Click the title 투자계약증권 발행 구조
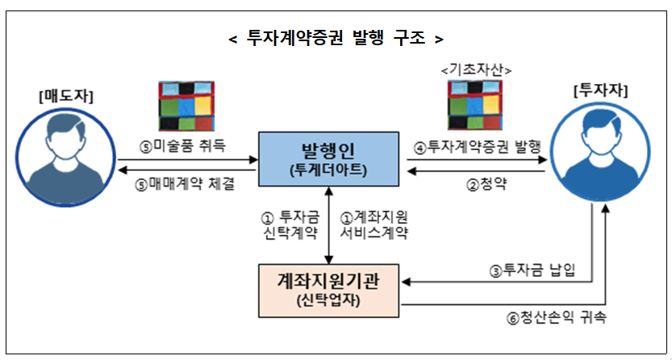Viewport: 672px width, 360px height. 336,38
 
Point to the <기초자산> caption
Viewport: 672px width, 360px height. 477,70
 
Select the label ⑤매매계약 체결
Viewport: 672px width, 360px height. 186,183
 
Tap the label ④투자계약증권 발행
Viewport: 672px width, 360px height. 477,146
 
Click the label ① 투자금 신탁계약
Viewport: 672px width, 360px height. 290,225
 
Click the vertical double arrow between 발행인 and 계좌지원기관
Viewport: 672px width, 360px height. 328,225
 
